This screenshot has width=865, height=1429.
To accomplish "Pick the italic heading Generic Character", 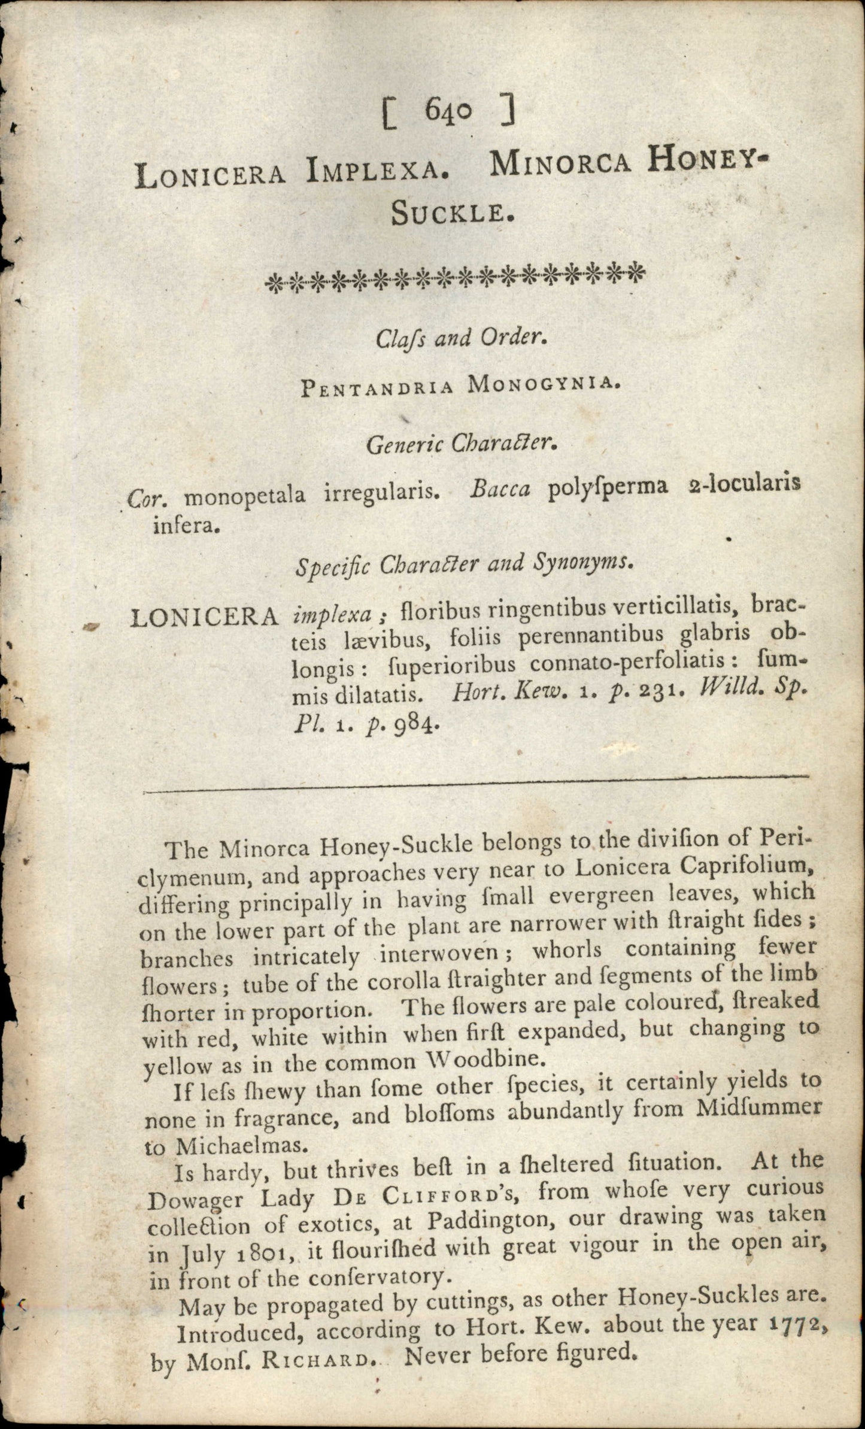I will [462, 443].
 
